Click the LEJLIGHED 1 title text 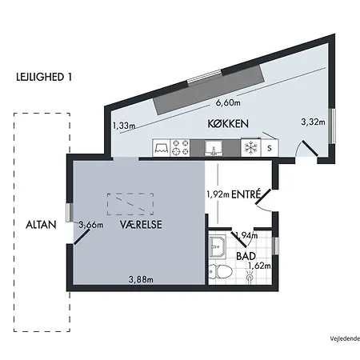pos(44,77)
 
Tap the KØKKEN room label pos(228,124)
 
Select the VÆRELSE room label pos(141,224)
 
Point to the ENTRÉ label pos(246,194)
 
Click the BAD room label pos(246,256)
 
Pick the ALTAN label pos(41,225)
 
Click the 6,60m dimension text pos(228,102)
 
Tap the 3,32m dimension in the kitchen pos(313,122)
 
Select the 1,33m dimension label pos(124,126)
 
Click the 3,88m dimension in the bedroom pos(141,279)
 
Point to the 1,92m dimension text pos(218,194)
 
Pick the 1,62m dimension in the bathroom pos(259,266)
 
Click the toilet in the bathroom pos(220,271)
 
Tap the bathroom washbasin pos(218,246)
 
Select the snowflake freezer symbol pos(250,147)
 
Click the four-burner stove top pos(180,148)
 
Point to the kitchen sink pos(214,148)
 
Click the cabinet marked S pos(270,148)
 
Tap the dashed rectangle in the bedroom pos(130,204)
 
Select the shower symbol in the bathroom pos(250,278)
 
